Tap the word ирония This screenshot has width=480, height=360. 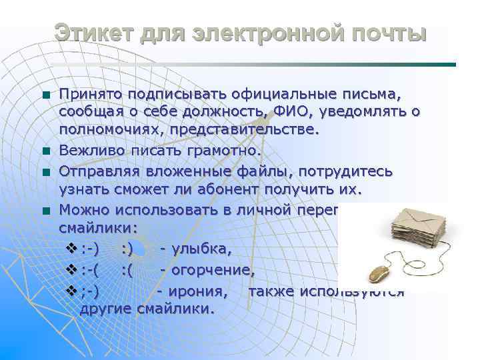(x=199, y=291)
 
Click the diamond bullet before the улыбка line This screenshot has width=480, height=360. (x=73, y=249)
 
